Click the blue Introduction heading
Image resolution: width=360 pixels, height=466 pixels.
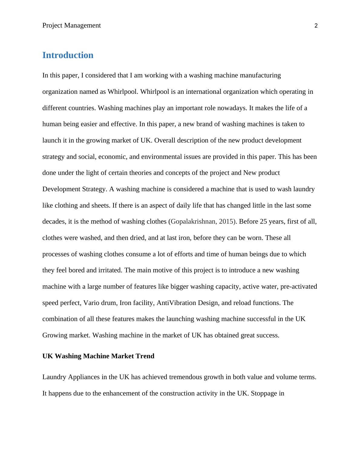click(68, 55)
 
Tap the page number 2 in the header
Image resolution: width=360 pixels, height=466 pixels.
click(316, 26)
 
